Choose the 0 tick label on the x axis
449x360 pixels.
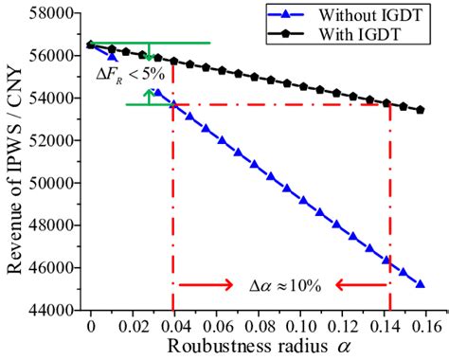tap(90, 325)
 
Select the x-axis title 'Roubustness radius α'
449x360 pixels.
tap(258, 346)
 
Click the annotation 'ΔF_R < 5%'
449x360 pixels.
tap(124, 74)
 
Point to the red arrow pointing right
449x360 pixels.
tap(203, 284)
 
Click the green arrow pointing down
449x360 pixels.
tap(149, 53)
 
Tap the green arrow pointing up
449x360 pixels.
tap(149, 96)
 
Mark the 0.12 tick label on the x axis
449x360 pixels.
tap(344, 325)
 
